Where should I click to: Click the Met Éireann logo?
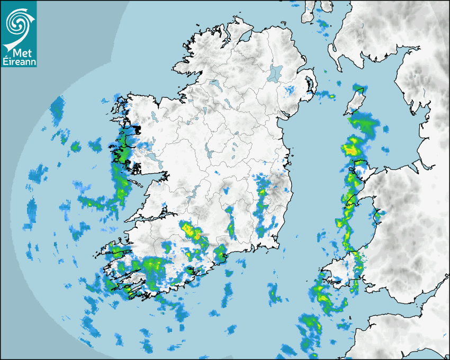[19, 34]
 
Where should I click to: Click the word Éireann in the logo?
[19, 62]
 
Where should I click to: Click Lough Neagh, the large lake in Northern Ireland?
[275, 73]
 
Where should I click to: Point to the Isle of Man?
[356, 101]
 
